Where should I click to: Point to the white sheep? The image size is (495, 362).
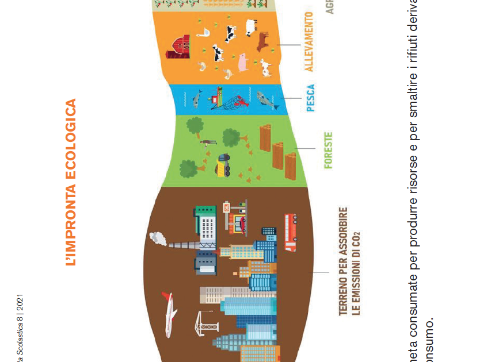click(x=251, y=26)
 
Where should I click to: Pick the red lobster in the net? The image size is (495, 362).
click(x=242, y=104)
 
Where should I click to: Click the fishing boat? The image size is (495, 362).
click(x=216, y=98)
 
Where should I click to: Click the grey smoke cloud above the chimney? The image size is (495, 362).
click(x=157, y=237)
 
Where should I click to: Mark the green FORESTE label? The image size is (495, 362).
click(x=329, y=151)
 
